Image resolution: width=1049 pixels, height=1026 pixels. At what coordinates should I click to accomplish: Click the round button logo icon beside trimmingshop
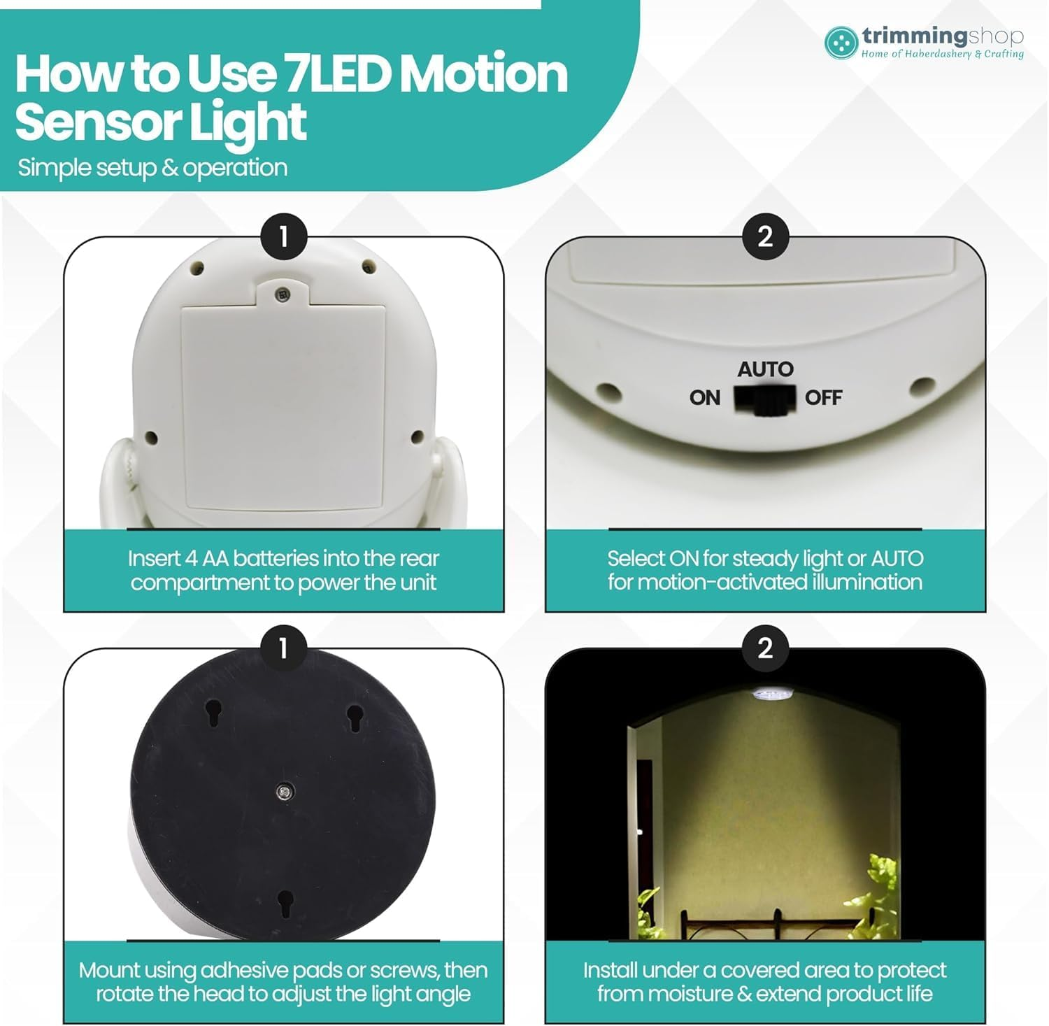click(x=841, y=42)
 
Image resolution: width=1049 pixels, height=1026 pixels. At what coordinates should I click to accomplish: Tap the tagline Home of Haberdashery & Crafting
click(x=942, y=54)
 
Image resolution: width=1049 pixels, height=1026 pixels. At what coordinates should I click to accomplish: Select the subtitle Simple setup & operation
click(x=152, y=168)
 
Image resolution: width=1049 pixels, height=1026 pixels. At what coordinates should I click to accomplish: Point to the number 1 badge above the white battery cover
click(x=283, y=236)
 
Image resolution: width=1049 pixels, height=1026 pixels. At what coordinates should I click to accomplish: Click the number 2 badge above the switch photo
click(x=765, y=236)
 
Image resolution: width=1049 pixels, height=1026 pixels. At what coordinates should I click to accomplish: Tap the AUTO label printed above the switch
click(x=766, y=369)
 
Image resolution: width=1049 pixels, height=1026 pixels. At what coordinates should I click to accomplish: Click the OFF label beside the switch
click(x=824, y=398)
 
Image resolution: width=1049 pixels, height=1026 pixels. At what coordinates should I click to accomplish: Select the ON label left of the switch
click(x=705, y=398)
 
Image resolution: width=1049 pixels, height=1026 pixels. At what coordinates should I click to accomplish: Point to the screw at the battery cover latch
click(x=283, y=294)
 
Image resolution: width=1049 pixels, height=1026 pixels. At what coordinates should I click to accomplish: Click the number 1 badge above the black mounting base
click(x=283, y=648)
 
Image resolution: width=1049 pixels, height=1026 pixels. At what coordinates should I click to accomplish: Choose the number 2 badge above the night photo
click(x=765, y=648)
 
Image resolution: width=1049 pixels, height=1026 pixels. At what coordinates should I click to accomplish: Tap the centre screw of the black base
click(x=284, y=792)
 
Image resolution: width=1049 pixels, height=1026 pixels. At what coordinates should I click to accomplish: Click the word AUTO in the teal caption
click(x=897, y=559)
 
